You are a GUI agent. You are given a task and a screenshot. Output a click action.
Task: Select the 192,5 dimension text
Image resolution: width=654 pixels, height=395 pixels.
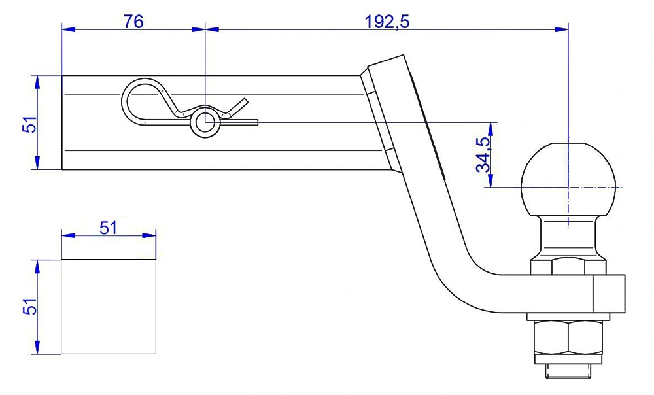tap(387, 21)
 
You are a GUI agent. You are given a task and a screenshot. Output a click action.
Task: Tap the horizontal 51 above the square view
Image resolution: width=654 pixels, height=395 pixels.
tap(108, 228)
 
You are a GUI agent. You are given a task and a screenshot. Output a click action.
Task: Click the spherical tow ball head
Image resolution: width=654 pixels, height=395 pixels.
tap(569, 180)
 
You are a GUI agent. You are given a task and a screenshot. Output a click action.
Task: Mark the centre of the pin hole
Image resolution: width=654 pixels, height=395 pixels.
tap(205, 122)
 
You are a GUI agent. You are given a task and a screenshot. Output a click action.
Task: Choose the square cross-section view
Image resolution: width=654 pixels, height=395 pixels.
tap(109, 306)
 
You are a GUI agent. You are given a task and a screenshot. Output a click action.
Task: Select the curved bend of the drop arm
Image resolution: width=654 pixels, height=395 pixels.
tap(458, 281)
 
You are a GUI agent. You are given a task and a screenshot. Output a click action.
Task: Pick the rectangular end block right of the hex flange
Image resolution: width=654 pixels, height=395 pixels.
tap(610, 294)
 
